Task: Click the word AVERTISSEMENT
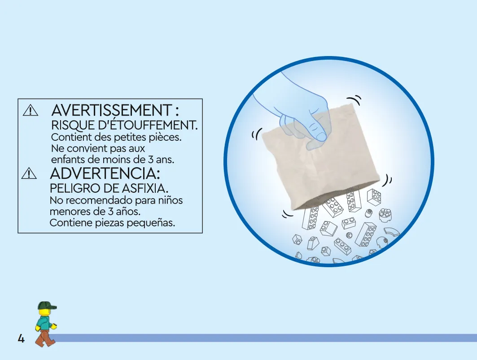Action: [112, 110]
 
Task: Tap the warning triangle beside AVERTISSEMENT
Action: [31, 110]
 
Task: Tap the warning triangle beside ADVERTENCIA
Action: [29, 173]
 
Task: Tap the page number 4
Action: [21, 338]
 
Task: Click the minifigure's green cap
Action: [47, 305]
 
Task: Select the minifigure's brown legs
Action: [45, 338]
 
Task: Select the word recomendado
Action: [102, 200]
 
